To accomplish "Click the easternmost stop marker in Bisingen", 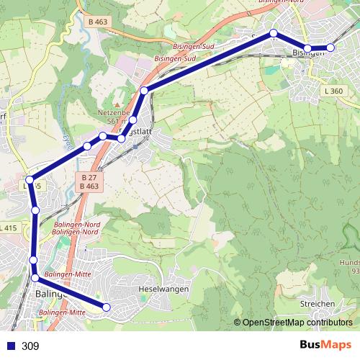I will coord(331,48).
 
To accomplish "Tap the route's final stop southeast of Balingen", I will coord(107,307).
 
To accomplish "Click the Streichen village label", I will coord(318,304).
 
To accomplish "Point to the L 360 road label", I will coord(335,91).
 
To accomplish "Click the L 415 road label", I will coord(9,228).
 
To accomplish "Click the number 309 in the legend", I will coord(30,346).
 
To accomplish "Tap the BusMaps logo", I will coord(325,346).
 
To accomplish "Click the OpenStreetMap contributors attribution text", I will coord(297,322).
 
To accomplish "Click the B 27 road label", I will coord(89,178).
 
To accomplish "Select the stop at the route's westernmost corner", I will coord(30,180).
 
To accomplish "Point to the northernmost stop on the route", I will coord(274,33).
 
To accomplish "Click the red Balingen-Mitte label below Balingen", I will coord(63,312).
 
